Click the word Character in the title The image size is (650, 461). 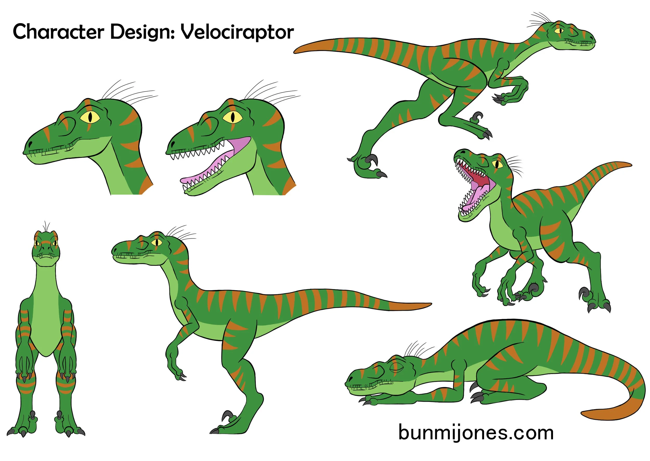click(58, 32)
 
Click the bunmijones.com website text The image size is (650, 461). click(476, 433)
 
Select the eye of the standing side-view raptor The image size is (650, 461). click(157, 242)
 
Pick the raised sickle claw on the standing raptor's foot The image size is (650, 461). click(227, 415)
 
